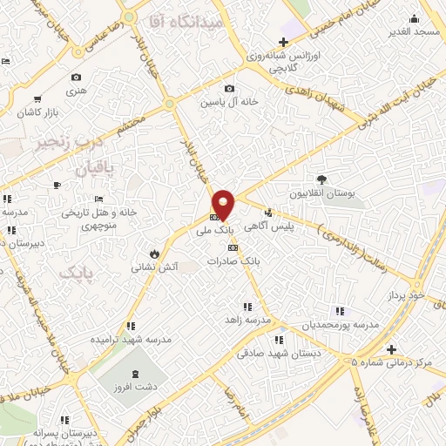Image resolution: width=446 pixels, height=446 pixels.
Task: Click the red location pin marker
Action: pyautogui.click(x=224, y=205)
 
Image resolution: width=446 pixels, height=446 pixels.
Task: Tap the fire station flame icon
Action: pyautogui.click(x=154, y=253)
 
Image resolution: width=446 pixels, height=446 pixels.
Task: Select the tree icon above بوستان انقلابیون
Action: pyautogui.click(x=321, y=179)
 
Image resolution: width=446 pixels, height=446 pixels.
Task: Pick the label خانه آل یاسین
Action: pyautogui.click(x=229, y=102)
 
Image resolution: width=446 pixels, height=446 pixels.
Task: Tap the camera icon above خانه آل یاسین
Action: pyautogui.click(x=229, y=88)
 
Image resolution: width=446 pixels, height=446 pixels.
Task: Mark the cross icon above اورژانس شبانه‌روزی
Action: pyautogui.click(x=282, y=42)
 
